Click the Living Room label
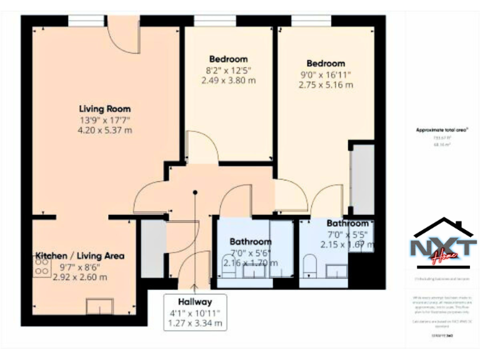pyautogui.click(x=104, y=107)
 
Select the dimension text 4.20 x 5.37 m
pyautogui.click(x=104, y=130)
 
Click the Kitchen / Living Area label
pyautogui.click(x=79, y=256)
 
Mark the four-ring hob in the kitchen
pyautogui.click(x=42, y=267)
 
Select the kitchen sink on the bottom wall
pyautogui.click(x=99, y=306)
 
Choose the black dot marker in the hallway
pyautogui.click(x=195, y=192)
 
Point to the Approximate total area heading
pyautogui.click(x=442, y=130)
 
